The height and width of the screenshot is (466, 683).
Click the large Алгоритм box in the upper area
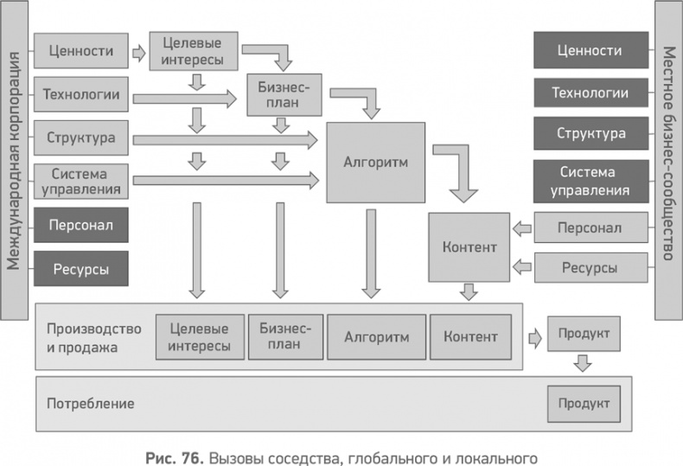pyautogui.click(x=375, y=162)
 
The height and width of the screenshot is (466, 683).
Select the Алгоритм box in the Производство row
pyautogui.click(x=375, y=336)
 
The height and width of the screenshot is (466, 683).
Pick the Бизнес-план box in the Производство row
pyautogui.click(x=284, y=336)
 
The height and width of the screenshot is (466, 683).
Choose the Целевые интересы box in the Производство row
pyautogui.click(x=200, y=336)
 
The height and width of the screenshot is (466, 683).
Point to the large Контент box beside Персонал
pyautogui.click(x=469, y=247)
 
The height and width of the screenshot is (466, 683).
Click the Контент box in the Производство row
pyautogui.click(x=469, y=336)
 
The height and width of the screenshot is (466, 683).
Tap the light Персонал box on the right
pyautogui.click(x=590, y=229)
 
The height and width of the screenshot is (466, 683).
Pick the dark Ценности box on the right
pyautogui.click(x=590, y=51)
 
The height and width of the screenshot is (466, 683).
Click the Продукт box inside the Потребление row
pyautogui.click(x=583, y=404)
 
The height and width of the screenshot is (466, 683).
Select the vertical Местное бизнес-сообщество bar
pyautogui.click(x=668, y=161)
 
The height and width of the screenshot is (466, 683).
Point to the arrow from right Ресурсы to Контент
pyautogui.click(x=521, y=266)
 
